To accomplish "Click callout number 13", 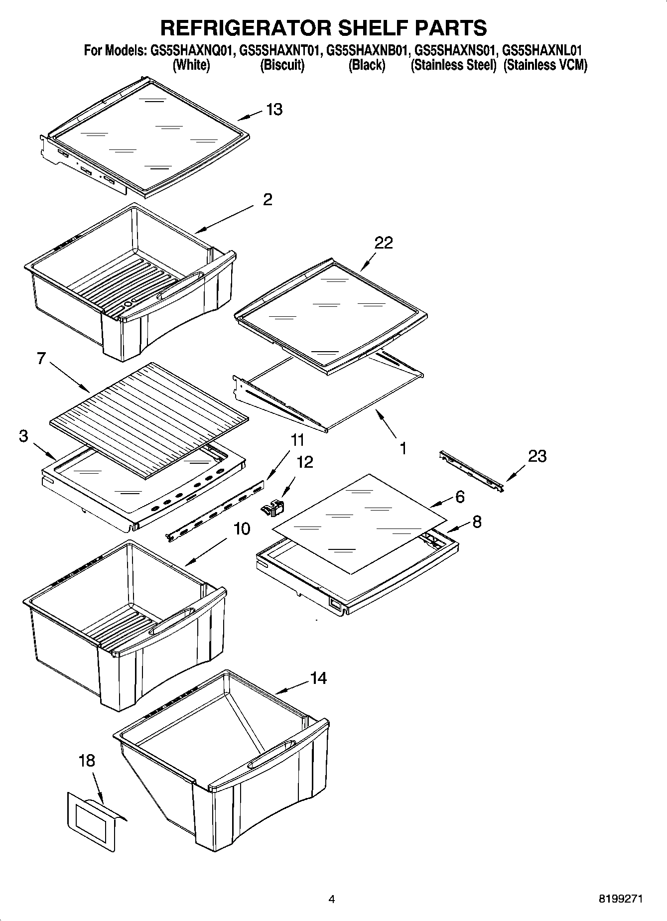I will click(274, 110).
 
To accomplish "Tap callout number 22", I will click(384, 243).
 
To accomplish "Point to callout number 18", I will click(87, 761).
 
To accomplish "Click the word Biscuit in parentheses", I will click(282, 65).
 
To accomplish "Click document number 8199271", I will click(620, 899).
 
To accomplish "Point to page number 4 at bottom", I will click(332, 899).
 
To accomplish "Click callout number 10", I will click(242, 529).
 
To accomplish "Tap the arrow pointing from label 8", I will click(456, 527).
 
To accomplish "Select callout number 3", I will click(23, 436).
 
